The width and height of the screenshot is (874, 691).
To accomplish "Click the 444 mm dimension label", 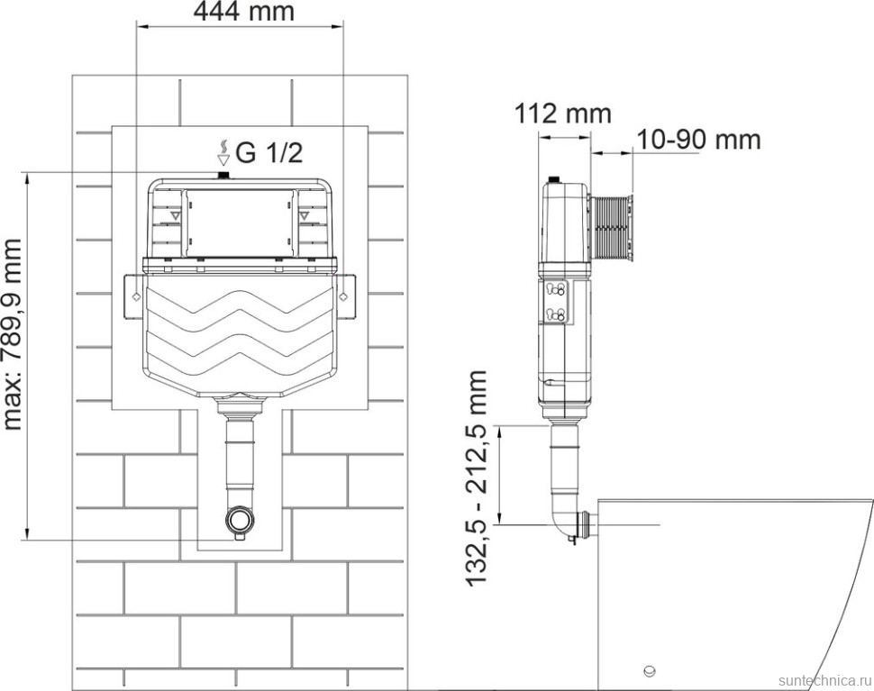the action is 243,11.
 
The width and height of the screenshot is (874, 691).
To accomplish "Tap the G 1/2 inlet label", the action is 269,152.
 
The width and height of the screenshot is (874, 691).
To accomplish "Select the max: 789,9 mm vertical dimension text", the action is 13,334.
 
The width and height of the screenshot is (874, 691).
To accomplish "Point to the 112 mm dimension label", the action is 562,114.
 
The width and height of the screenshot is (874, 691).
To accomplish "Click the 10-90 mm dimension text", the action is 698,140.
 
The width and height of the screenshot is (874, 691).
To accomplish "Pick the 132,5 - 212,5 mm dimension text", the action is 477,478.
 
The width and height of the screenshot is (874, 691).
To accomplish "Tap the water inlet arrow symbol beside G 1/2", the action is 223,153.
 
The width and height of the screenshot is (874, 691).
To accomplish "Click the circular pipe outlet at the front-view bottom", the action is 241,519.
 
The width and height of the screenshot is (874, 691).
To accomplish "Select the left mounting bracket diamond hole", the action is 135,297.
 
